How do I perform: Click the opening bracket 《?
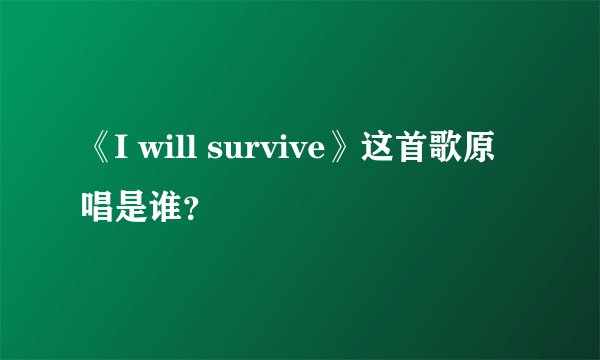coord(98,153)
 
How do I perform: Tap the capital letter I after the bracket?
coord(121,153)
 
